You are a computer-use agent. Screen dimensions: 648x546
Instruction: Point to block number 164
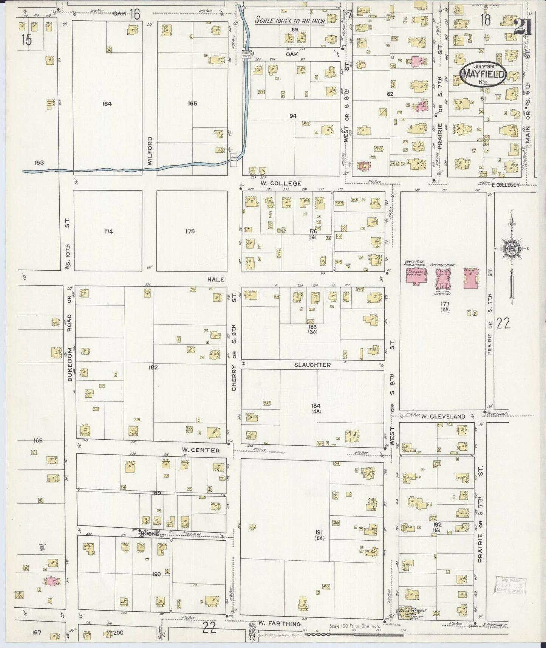coord(107,103)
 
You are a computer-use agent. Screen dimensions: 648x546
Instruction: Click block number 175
coord(190,231)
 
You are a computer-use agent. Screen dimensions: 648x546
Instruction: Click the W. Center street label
coord(200,450)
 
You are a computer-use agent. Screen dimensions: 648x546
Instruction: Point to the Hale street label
coord(216,279)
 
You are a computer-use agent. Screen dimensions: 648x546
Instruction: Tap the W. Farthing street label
coord(280,624)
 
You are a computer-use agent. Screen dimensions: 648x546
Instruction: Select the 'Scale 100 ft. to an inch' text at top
coord(290,20)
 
